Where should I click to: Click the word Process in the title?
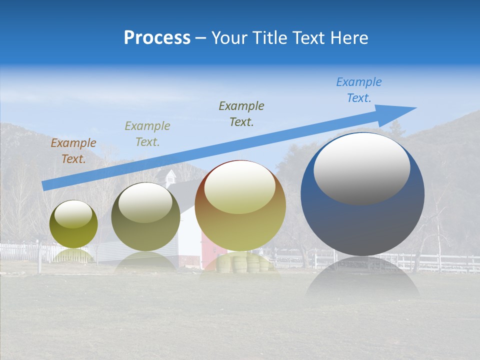tap(157, 37)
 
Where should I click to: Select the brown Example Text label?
tap(73, 151)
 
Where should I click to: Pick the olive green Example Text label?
tap(147, 133)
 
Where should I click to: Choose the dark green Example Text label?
tap(241, 113)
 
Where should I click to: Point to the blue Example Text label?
tap(359, 90)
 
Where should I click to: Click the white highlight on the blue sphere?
tap(362, 168)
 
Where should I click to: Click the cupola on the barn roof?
tap(170, 176)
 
